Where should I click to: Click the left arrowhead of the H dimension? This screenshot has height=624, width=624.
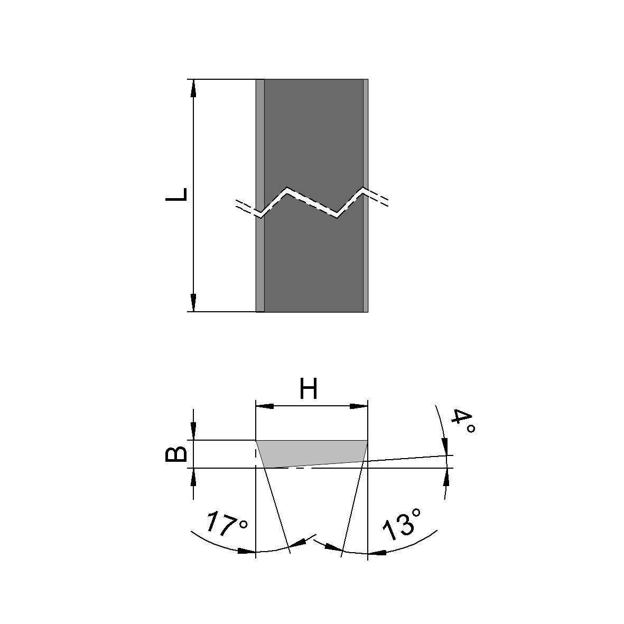point(265,406)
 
